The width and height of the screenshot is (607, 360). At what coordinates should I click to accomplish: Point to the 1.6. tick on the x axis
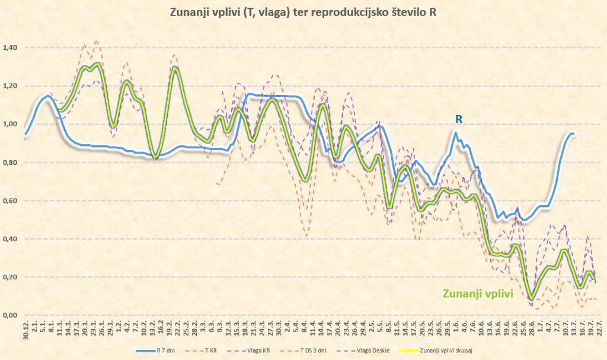click(456, 329)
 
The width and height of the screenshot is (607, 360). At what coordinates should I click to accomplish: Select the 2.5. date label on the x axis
click(372, 329)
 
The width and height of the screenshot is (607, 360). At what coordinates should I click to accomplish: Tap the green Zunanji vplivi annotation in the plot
click(476, 292)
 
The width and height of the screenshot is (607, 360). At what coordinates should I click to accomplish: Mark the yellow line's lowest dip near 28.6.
click(532, 298)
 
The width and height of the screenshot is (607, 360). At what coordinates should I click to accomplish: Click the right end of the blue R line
click(573, 134)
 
